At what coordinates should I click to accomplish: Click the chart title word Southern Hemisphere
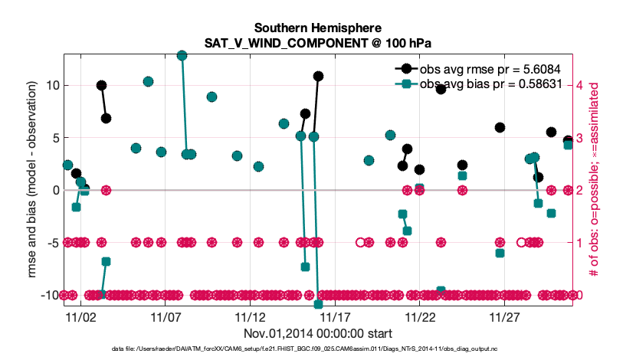tap(317, 27)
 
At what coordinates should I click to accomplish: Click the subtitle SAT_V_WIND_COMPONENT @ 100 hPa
tap(317, 42)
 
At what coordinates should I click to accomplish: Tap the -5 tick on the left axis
tap(51, 243)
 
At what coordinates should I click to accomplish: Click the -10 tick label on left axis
tap(48, 295)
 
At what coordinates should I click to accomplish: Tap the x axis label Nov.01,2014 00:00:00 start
tap(317, 333)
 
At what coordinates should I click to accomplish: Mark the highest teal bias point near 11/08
tap(182, 55)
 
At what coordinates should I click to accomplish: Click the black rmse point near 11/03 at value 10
tap(101, 85)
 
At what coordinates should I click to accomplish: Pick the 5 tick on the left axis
tap(54, 137)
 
